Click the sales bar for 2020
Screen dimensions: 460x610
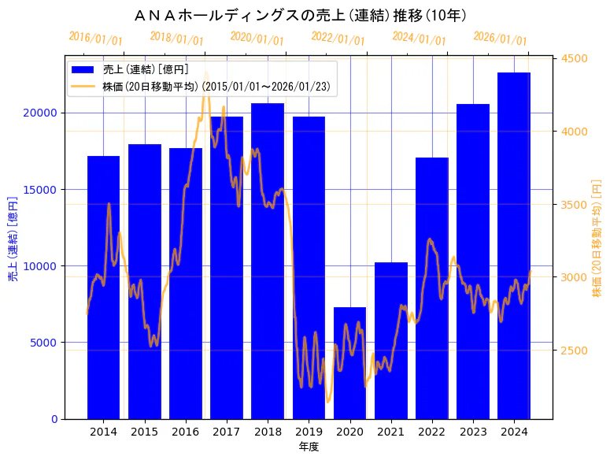click(x=349, y=362)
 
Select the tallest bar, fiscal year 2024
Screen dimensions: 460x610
click(x=514, y=245)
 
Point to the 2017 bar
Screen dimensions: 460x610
click(x=227, y=267)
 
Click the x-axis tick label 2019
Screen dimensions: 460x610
click(x=309, y=432)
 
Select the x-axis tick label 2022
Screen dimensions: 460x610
click(x=431, y=432)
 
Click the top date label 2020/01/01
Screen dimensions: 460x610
click(x=257, y=38)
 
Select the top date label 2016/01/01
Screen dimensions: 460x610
click(x=95, y=38)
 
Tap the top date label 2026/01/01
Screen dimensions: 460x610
click(x=500, y=38)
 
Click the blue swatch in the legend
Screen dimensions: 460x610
click(x=83, y=70)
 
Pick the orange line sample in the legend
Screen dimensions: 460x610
click(x=83, y=86)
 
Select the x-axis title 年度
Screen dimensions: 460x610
click(x=309, y=447)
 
